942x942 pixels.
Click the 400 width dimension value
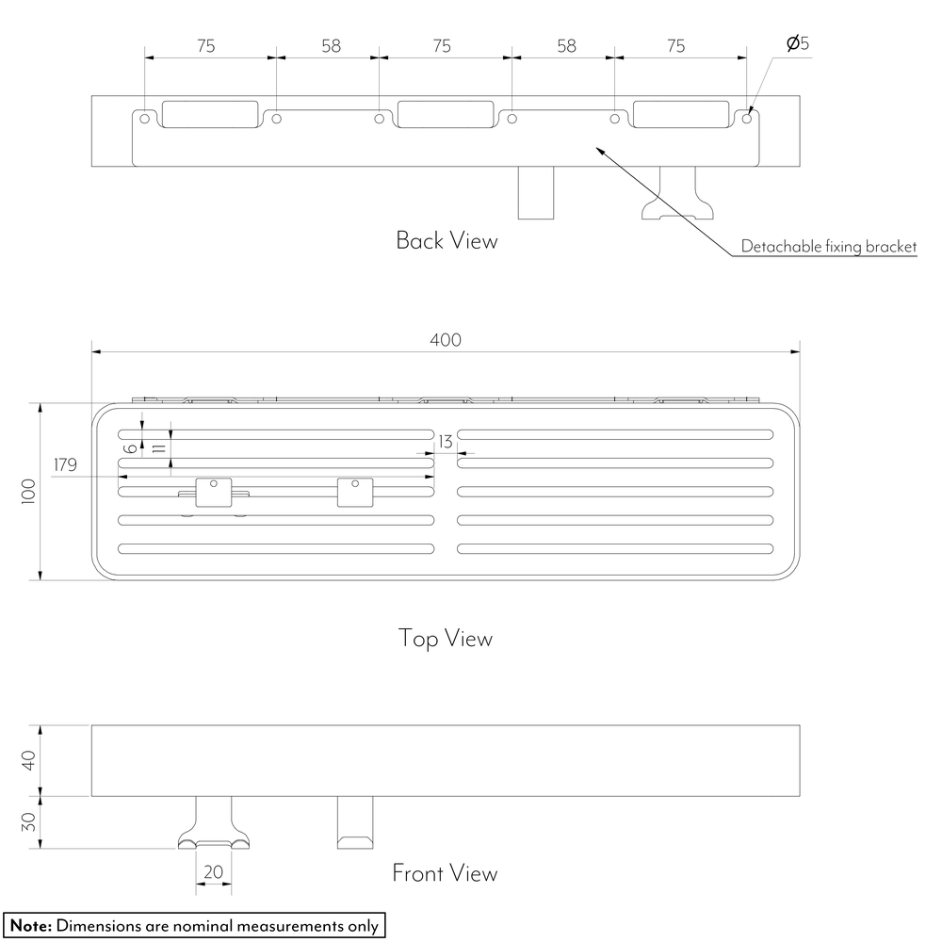pyautogui.click(x=446, y=340)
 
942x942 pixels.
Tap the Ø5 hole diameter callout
pyautogui.click(x=798, y=43)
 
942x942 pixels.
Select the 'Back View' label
pyautogui.click(x=447, y=240)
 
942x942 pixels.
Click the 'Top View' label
pyautogui.click(x=446, y=638)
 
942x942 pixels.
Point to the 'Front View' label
pyautogui.click(x=445, y=873)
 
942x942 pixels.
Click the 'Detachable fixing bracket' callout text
pyautogui.click(x=828, y=246)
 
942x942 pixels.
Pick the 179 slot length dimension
pyautogui.click(x=66, y=464)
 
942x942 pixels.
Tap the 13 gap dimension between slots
pyautogui.click(x=446, y=442)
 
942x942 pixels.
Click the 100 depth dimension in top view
pyautogui.click(x=29, y=492)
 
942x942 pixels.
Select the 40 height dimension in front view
pyautogui.click(x=29, y=760)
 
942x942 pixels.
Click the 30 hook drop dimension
pyautogui.click(x=29, y=821)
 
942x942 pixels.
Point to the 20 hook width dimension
pyautogui.click(x=213, y=871)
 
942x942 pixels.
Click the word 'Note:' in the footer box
pyautogui.click(x=31, y=925)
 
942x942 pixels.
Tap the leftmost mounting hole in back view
pyautogui.click(x=144, y=119)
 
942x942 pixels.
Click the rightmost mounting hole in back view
pyautogui.click(x=747, y=119)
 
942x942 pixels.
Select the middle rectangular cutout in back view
pyautogui.click(x=446, y=114)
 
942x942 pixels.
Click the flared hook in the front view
pyautogui.click(x=213, y=822)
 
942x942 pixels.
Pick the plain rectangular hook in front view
pyautogui.click(x=355, y=822)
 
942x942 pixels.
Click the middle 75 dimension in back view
pyautogui.click(x=442, y=46)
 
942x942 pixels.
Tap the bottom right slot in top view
pyautogui.click(x=614, y=548)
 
